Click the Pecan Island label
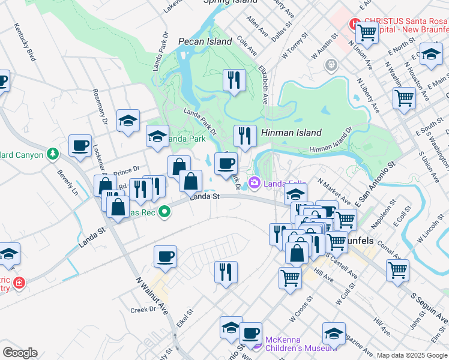[205, 41]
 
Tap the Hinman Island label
[291, 133]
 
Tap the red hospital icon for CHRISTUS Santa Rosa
[355, 25]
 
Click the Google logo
[20, 353]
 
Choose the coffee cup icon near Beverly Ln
[80, 145]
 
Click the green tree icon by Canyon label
[53, 155]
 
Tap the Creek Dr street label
[143, 310]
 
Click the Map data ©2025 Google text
[412, 355]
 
